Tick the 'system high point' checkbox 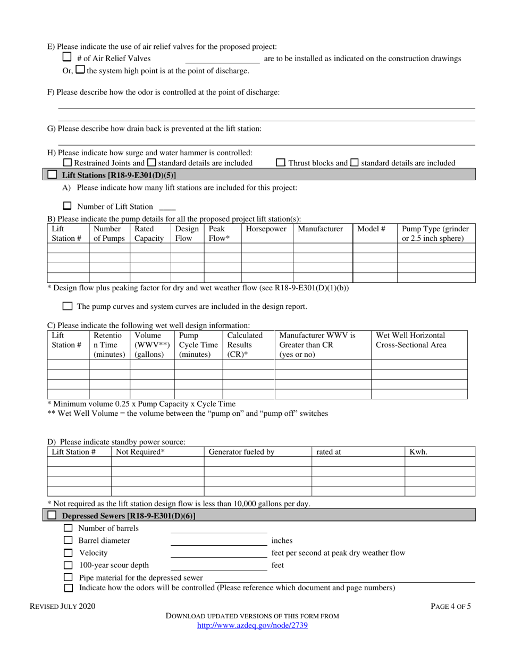80,70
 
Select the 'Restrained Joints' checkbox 67,163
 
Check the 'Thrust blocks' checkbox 281,163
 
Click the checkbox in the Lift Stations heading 52,174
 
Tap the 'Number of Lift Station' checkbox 68,206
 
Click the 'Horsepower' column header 266,229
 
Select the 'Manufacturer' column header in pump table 320,229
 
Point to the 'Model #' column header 371,229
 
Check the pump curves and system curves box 68,306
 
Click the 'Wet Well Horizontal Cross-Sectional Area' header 411,340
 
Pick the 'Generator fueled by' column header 241,452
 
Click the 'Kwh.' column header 418,452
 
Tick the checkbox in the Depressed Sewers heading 52,515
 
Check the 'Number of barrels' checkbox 68,528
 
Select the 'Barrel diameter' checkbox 68,540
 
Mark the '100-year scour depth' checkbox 68,565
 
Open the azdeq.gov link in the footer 252,626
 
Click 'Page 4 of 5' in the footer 450,606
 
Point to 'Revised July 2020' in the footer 63,606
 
